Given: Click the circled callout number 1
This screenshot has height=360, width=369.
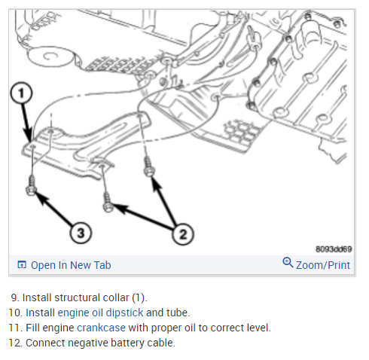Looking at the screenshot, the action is (x=21, y=93).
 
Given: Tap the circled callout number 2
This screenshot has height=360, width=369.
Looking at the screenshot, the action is (x=183, y=234).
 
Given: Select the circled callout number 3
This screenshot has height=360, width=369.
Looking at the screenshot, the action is (x=81, y=233).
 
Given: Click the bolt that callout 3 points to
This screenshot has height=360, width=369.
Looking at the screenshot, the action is (x=31, y=185).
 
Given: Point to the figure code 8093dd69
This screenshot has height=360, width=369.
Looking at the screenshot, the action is (x=334, y=249).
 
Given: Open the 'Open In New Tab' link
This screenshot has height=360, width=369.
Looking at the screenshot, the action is (x=71, y=265).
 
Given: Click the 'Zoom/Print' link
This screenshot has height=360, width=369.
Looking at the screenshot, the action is (x=323, y=265).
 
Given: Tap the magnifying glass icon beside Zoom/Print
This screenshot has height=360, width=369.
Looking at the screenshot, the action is (x=288, y=263).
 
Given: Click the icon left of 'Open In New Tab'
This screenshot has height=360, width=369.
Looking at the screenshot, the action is (x=22, y=265).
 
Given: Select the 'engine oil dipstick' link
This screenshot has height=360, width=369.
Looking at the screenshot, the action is (x=100, y=313).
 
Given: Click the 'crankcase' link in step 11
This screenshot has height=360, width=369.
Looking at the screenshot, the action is (x=101, y=328).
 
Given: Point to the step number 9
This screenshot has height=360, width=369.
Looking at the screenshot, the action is (x=15, y=297).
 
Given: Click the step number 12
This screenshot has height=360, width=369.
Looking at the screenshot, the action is (x=16, y=343).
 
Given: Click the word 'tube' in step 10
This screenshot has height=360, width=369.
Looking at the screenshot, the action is (x=179, y=313).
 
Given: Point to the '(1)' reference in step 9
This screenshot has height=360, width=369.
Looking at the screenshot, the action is (x=139, y=298).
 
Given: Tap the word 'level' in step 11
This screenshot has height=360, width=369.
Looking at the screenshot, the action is (x=258, y=328).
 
